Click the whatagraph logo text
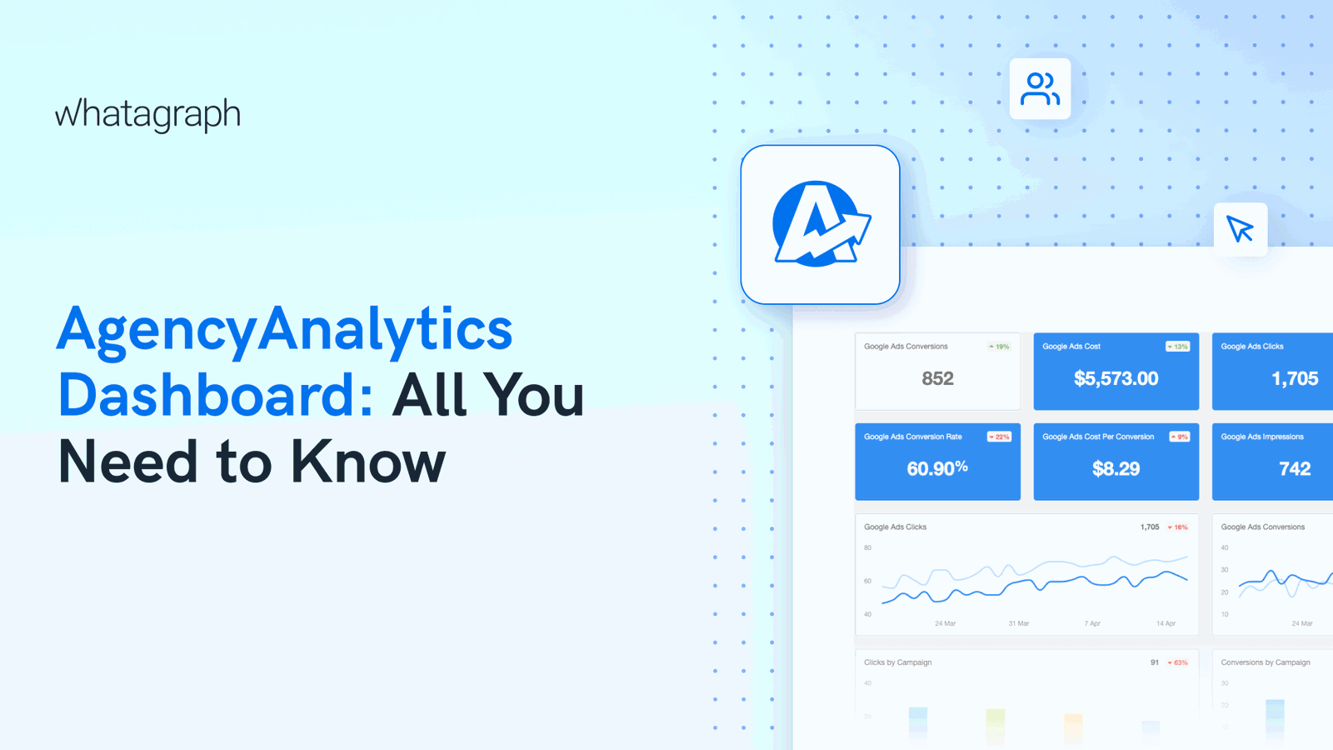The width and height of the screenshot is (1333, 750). (147, 114)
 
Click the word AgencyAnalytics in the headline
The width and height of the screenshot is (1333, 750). (284, 328)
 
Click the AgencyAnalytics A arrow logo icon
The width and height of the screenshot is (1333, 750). (821, 224)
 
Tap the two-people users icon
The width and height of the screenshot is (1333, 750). (1040, 89)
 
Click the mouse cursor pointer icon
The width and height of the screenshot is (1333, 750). (1241, 229)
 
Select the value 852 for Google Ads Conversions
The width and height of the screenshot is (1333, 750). (937, 378)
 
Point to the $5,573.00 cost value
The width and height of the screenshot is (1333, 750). (1116, 378)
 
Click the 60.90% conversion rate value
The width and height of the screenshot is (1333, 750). (937, 468)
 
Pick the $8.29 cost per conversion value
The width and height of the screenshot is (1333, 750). (1116, 468)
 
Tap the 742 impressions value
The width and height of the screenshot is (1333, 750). (1295, 468)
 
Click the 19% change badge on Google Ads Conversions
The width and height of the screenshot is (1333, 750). (999, 347)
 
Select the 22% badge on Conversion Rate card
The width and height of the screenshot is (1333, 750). (999, 437)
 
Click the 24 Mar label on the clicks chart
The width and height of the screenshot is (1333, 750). (945, 623)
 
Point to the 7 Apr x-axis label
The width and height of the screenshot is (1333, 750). (1092, 623)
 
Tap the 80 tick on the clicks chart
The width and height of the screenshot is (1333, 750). (867, 547)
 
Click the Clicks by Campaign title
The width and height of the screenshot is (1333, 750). (897, 662)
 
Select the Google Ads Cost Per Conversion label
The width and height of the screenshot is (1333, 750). (1098, 437)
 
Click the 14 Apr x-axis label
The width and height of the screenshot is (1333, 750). (1166, 623)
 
